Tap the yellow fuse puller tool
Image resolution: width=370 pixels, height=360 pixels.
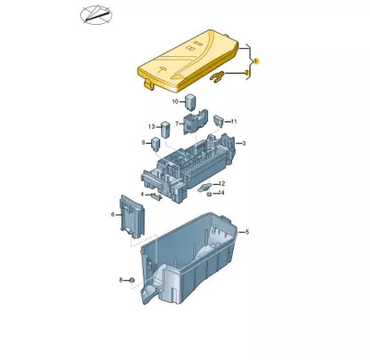[216, 78]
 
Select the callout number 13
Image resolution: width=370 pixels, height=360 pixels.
[151, 126]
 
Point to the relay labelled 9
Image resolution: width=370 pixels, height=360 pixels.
[157, 143]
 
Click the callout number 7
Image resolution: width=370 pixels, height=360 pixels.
[177, 123]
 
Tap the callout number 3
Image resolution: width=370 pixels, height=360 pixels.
[244, 142]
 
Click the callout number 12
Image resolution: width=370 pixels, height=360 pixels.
[221, 183]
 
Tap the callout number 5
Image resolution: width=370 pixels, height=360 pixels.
[246, 232]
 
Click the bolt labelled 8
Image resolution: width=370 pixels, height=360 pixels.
[132, 281]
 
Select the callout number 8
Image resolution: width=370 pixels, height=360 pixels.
[120, 280]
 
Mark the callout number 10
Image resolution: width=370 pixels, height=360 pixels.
[174, 102]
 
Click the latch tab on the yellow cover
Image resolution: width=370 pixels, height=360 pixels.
[148, 84]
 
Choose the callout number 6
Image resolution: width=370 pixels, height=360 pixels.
[112, 214]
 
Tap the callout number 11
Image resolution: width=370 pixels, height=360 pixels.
[233, 120]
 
